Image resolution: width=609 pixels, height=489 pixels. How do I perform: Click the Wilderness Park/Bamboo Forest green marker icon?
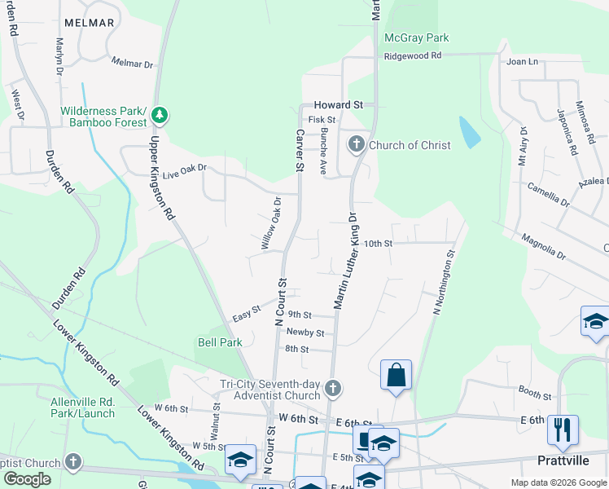click(160, 116)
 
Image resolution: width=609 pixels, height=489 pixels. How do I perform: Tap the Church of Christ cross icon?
click(356, 145)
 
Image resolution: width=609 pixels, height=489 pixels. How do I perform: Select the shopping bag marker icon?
click(396, 376)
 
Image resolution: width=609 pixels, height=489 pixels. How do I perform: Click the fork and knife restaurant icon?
click(563, 430)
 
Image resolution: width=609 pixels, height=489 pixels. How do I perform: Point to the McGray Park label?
click(417, 37)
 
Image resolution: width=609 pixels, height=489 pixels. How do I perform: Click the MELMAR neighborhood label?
click(85, 23)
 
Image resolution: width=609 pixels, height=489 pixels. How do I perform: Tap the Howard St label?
click(339, 105)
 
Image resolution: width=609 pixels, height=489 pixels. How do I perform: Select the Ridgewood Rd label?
click(412, 55)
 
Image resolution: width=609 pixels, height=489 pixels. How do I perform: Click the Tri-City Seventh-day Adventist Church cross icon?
click(332, 387)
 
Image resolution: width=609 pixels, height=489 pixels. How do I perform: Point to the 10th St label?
click(378, 243)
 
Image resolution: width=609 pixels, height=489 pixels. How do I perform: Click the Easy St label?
click(246, 313)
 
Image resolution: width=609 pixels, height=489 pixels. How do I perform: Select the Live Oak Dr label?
click(185, 171)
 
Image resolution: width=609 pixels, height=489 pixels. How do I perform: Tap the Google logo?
click(27, 479)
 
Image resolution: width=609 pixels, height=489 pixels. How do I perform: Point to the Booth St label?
click(534, 394)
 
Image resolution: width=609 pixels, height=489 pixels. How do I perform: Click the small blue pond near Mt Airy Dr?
click(469, 132)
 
